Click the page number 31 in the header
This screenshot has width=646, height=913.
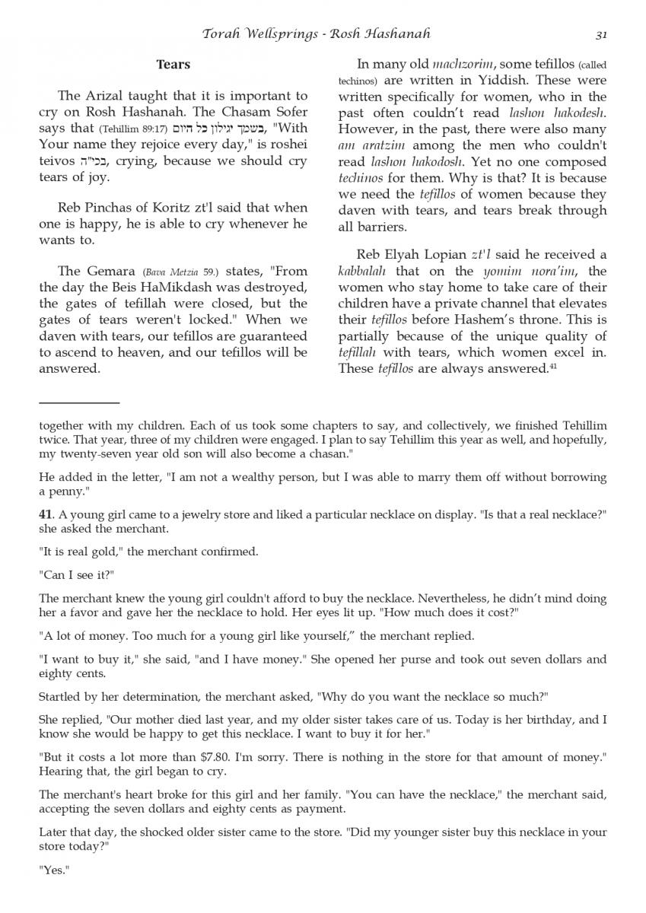coord(600,34)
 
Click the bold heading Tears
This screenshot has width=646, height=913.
coord(173,65)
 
